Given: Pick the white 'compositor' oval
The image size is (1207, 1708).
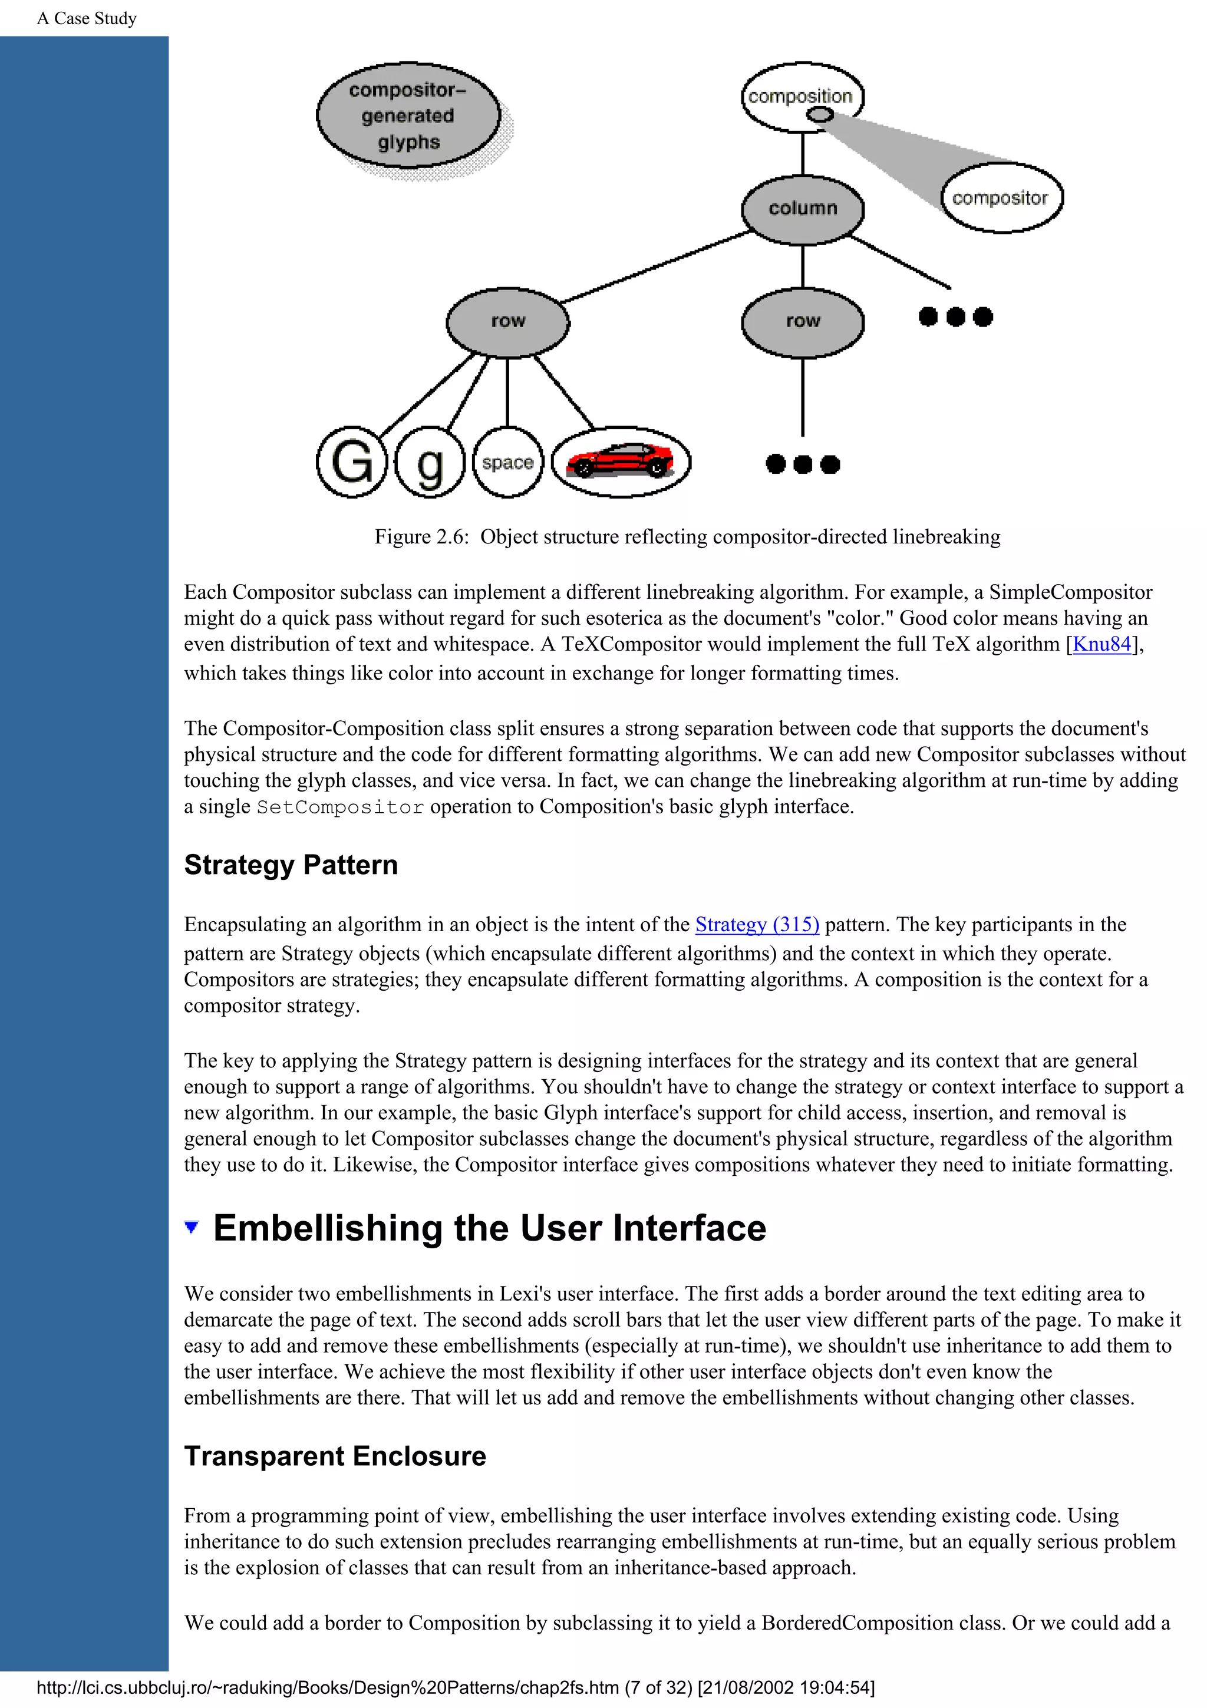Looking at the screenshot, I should click(1000, 198).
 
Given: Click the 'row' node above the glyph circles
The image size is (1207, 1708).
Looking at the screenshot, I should click(508, 321).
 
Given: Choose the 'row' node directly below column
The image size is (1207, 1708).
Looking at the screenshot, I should click(803, 321).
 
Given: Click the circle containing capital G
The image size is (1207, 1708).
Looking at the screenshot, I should click(352, 462).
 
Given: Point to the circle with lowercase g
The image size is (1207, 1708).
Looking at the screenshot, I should click(430, 462).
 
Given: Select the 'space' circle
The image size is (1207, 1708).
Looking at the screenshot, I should click(508, 462).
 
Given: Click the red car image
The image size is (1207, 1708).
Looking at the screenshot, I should click(620, 461).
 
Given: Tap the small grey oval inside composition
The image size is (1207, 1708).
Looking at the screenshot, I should click(820, 114).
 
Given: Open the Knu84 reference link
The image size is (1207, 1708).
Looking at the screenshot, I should click(1102, 644).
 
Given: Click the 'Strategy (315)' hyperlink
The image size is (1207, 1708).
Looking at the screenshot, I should click(757, 925).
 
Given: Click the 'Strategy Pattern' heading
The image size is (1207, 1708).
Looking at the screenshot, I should click(291, 865).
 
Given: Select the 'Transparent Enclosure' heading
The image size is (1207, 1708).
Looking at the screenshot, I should click(335, 1456).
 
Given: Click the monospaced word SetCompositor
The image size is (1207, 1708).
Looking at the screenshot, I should click(340, 807).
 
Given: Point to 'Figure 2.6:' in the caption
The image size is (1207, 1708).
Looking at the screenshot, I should click(421, 537).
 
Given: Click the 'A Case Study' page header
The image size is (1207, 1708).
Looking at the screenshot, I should click(87, 19).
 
